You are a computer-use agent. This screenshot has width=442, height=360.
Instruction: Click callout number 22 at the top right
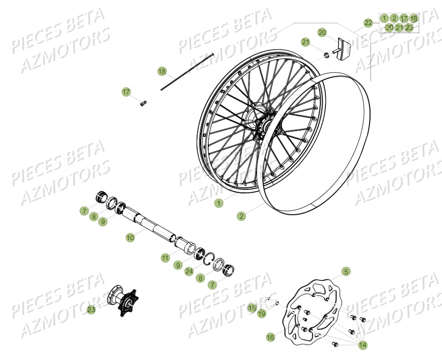[x=368, y=23]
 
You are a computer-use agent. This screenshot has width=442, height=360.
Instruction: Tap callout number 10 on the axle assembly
[x=130, y=238]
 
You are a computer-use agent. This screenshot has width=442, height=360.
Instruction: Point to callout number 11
[x=166, y=258]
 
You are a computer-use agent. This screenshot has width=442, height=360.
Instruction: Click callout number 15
[x=252, y=307]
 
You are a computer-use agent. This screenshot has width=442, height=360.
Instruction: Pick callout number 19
[x=261, y=314]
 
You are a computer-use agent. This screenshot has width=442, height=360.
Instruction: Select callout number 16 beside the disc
[x=270, y=337]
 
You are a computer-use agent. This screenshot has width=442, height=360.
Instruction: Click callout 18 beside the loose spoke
[x=162, y=71]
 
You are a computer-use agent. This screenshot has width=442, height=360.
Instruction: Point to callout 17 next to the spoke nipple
[x=126, y=92]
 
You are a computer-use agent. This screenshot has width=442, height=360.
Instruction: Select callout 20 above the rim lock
[x=322, y=32]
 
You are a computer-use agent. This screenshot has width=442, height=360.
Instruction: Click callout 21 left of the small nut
[x=305, y=42]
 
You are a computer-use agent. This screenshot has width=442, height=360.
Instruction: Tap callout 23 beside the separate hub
[x=91, y=309]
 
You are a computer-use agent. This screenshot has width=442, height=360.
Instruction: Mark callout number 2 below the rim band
[x=241, y=216]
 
